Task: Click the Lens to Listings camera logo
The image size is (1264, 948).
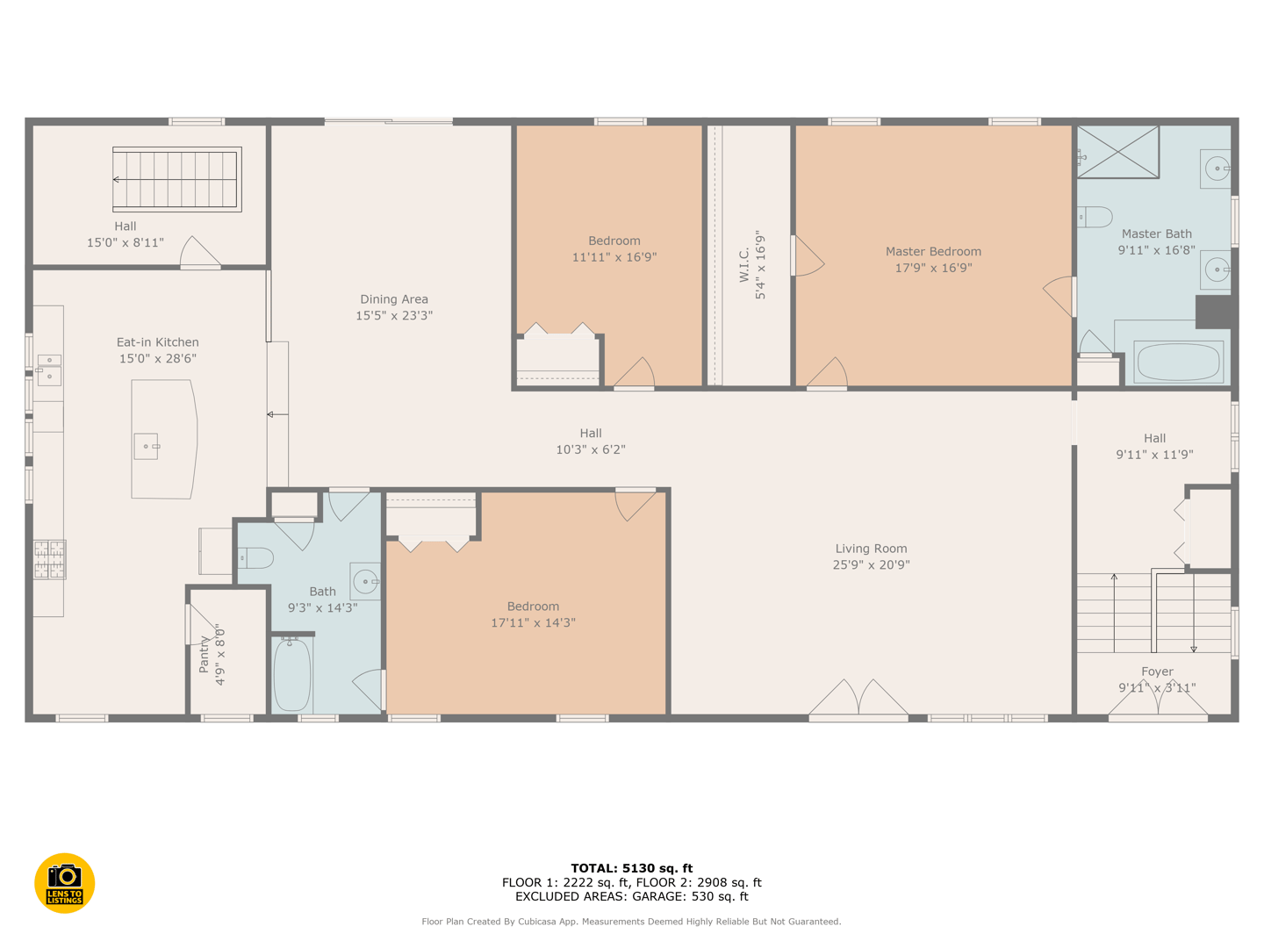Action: click(64, 883)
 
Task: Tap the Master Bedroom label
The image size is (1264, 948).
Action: click(933, 252)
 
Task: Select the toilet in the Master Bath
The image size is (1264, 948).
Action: click(1095, 217)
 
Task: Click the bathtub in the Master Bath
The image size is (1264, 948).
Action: click(1178, 362)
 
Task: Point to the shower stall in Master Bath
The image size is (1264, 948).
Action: click(1117, 152)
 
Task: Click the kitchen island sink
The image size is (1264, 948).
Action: click(147, 447)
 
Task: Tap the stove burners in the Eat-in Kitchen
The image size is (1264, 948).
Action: click(49, 559)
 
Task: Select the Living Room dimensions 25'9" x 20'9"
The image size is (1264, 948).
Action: click(871, 565)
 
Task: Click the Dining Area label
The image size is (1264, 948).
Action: click(394, 299)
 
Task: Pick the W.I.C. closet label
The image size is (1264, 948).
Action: click(744, 265)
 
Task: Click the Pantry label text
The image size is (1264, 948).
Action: click(204, 655)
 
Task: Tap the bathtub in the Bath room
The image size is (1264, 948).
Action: click(292, 675)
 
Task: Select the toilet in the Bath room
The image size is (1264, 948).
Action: click(255, 557)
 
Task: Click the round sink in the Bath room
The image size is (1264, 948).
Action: click(365, 581)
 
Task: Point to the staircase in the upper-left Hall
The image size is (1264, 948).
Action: click(176, 180)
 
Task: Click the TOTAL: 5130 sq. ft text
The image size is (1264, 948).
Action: click(632, 868)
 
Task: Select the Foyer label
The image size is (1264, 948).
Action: click(1158, 671)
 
